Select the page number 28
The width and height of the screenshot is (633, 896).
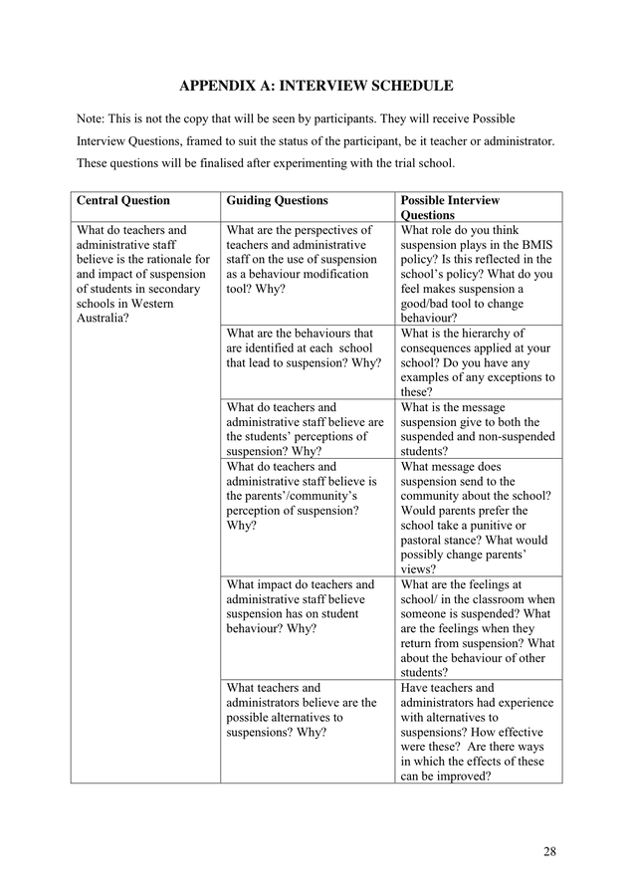click(551, 851)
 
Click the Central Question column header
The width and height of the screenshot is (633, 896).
click(123, 201)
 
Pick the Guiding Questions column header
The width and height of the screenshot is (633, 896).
click(277, 201)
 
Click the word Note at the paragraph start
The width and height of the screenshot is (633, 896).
click(94, 118)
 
